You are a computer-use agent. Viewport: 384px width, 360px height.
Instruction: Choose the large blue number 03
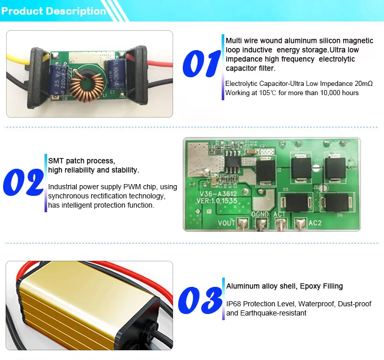(x=200, y=300)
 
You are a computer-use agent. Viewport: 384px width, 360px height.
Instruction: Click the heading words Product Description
(x=54, y=11)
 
